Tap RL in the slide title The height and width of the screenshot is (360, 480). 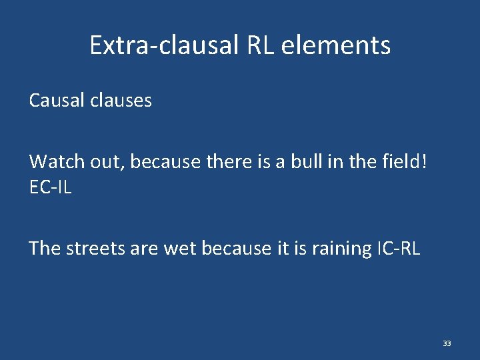261,45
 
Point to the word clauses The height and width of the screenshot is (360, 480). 120,101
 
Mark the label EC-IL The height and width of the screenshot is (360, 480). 50,188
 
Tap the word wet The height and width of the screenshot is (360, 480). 179,249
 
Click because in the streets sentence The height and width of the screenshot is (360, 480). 236,249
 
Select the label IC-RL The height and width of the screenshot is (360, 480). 398,249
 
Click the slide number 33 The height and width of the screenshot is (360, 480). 447,343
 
